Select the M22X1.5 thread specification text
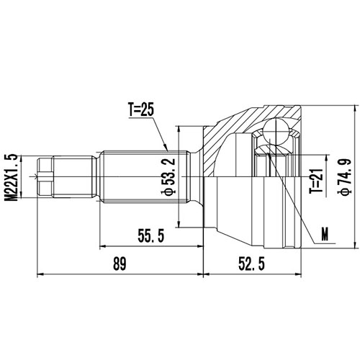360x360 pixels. (x=10, y=176)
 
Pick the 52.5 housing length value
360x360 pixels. (x=251, y=264)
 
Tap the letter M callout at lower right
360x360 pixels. (x=325, y=234)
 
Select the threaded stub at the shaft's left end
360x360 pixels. (x=45, y=176)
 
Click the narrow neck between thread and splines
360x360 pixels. (x=97, y=176)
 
